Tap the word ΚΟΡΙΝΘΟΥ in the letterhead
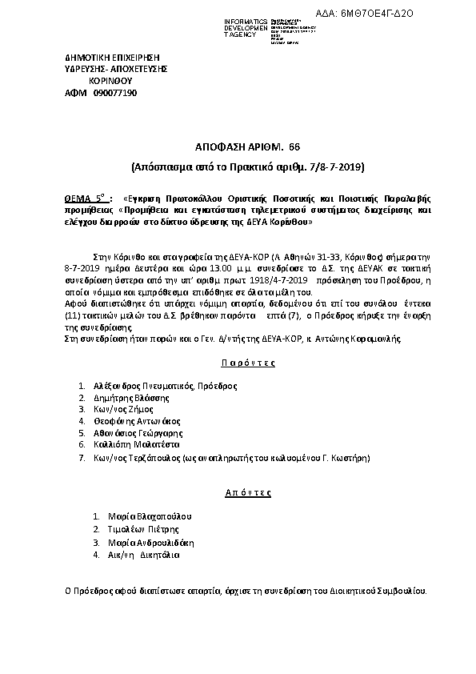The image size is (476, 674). pos(110,82)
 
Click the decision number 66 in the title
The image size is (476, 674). pos(294,148)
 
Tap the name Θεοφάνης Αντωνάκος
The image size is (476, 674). pos(138,420)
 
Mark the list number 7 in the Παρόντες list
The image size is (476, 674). pos(82,458)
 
